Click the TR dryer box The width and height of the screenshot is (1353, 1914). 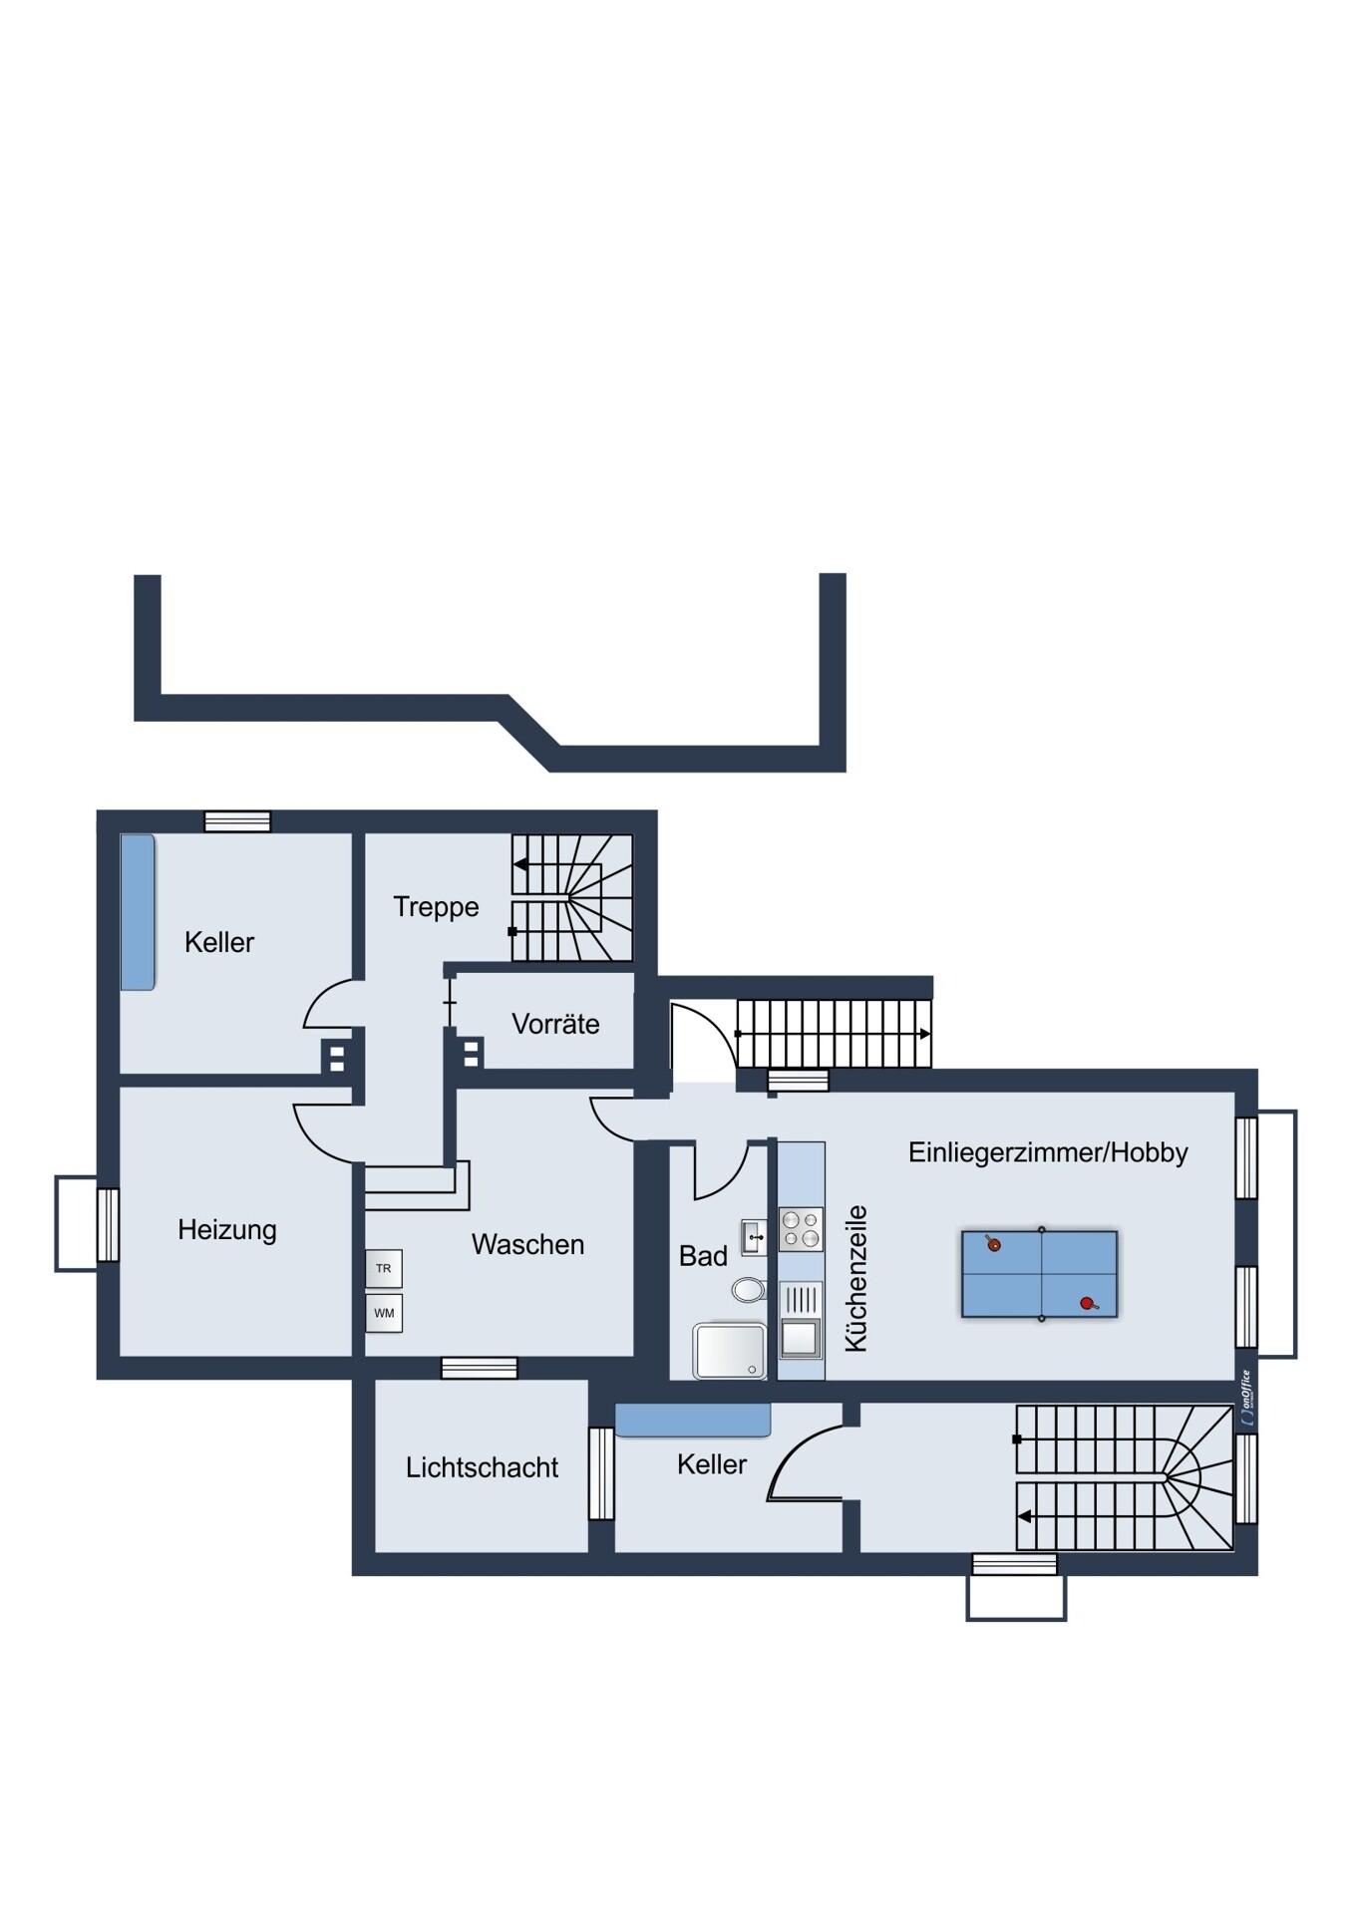[x=384, y=1268]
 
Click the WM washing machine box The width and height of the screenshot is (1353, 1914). [x=384, y=1313]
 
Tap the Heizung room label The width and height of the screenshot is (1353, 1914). [x=227, y=1230]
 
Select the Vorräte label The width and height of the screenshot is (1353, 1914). [x=555, y=1024]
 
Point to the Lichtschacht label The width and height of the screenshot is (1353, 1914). [x=482, y=1467]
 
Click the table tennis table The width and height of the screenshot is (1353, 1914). [x=1040, y=1274]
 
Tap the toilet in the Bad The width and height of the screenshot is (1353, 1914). [x=749, y=1290]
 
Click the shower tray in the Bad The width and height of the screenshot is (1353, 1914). [x=730, y=1351]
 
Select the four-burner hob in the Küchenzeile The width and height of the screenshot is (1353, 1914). [x=801, y=1229]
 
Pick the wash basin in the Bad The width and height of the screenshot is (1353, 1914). [x=754, y=1237]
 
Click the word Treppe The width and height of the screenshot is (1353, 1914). [x=436, y=907]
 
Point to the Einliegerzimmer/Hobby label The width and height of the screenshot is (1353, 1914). [x=1048, y=1152]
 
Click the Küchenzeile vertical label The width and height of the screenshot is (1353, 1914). [x=855, y=1279]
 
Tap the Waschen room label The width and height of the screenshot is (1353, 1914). [x=527, y=1244]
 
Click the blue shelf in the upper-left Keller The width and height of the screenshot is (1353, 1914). [x=138, y=912]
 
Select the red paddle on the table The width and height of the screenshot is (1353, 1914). [x=1088, y=1303]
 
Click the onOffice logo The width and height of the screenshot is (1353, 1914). [x=1245, y=1399]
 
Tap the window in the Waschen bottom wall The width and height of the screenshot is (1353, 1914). [x=480, y=1368]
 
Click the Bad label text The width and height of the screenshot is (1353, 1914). [x=703, y=1256]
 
